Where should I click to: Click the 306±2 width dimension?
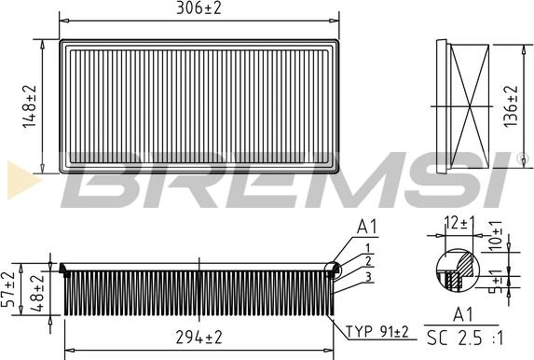pyautogui.click(x=199, y=7)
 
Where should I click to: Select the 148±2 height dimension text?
pyautogui.click(x=30, y=106)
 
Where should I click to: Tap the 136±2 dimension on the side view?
pyautogui.click(x=511, y=106)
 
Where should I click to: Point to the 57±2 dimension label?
pyautogui.click(x=8, y=289)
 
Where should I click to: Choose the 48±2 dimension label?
pyautogui.click(x=37, y=292)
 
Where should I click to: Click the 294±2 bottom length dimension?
pyautogui.click(x=199, y=338)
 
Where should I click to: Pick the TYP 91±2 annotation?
pyautogui.click(x=377, y=331)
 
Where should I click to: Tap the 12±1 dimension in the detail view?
pyautogui.click(x=459, y=223)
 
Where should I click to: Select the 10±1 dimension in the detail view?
pyautogui.click(x=496, y=235)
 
